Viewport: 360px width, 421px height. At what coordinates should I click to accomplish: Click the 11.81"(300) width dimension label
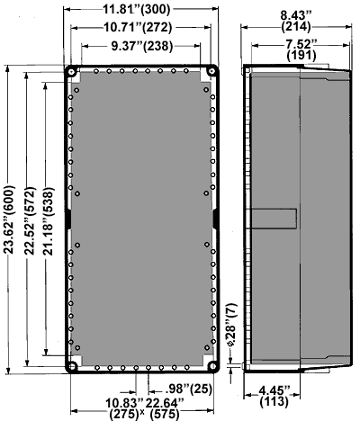[x=137, y=9]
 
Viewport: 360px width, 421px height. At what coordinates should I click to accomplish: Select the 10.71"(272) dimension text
[x=138, y=28]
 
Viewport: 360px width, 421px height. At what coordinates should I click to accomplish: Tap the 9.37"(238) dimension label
[x=142, y=46]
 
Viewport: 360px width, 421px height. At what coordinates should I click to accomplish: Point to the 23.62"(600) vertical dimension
[x=9, y=219]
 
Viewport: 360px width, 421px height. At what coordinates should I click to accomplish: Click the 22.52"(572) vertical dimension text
[x=30, y=221]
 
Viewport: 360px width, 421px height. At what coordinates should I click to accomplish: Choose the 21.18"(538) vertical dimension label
[x=49, y=221]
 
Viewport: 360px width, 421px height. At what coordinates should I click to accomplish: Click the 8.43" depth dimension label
[x=296, y=15]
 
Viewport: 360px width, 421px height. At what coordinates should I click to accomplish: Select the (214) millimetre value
[x=296, y=27]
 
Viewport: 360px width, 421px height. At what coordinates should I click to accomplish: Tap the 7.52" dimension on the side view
[x=301, y=44]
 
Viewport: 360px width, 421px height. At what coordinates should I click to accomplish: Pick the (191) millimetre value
[x=301, y=56]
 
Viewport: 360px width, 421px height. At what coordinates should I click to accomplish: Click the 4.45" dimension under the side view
[x=274, y=390]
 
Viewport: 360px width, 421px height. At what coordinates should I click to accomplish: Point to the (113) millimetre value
[x=274, y=401]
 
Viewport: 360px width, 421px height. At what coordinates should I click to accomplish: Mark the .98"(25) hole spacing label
[x=188, y=389]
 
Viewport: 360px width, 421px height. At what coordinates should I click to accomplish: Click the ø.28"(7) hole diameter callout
[x=232, y=325]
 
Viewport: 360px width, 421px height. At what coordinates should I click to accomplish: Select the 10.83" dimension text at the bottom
[x=124, y=403]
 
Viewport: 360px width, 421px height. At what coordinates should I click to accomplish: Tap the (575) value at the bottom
[x=165, y=414]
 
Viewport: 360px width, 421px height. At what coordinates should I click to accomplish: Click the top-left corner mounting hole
[x=72, y=72]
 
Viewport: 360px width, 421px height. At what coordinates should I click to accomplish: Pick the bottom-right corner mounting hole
[x=212, y=366]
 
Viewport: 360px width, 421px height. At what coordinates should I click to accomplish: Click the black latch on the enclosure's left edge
[x=68, y=219]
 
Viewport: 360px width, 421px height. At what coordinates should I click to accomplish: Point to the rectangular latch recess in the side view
[x=274, y=219]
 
